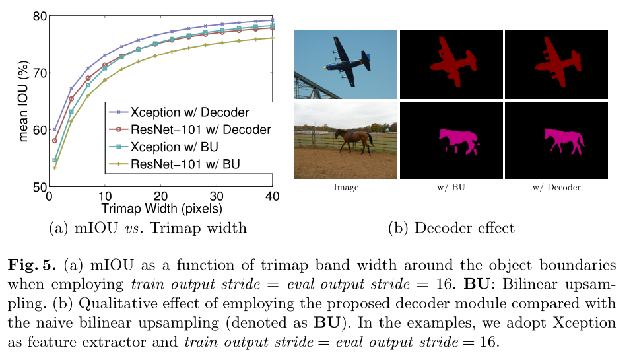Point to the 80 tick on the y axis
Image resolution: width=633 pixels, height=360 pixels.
point(40,17)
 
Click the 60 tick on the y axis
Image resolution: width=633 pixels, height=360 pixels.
point(40,130)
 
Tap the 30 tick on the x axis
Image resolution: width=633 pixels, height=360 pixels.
point(217,197)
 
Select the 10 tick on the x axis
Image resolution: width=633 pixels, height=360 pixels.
point(104,197)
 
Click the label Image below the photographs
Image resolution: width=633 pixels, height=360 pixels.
point(346,188)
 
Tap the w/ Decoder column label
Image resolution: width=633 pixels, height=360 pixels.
point(556,188)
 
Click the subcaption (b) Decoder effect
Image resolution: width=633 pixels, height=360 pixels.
point(451,229)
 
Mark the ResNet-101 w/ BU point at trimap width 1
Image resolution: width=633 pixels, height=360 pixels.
point(55,168)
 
